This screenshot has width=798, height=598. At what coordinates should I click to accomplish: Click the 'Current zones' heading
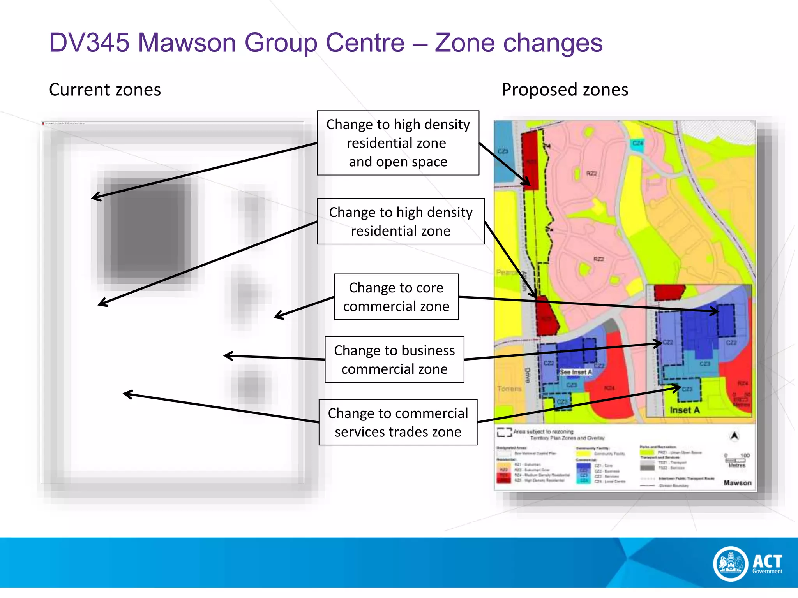coord(105,90)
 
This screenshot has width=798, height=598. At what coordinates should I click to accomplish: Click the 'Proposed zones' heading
coord(565,90)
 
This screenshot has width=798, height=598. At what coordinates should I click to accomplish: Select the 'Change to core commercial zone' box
coord(396,297)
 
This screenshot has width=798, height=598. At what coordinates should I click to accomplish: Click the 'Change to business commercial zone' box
coord(394,359)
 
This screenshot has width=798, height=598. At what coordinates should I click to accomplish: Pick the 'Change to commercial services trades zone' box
coord(398,422)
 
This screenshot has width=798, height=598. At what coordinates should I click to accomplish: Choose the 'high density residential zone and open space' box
coord(398,143)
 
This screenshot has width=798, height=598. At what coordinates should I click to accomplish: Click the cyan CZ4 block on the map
coord(637,144)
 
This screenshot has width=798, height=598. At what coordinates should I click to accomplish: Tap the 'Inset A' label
coord(685,410)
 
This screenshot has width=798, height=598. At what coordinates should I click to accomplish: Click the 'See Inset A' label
coord(576,372)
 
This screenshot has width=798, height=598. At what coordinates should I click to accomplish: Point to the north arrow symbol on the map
coord(734,436)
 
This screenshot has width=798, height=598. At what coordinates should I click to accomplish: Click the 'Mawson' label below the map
coord(737,483)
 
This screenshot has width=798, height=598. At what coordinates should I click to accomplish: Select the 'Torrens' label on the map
coord(509,389)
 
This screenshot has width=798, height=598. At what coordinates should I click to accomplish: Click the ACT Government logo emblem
coord(731,563)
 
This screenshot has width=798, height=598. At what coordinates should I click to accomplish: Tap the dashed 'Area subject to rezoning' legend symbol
coord(504,432)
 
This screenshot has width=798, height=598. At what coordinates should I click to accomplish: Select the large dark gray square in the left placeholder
coord(147,228)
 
